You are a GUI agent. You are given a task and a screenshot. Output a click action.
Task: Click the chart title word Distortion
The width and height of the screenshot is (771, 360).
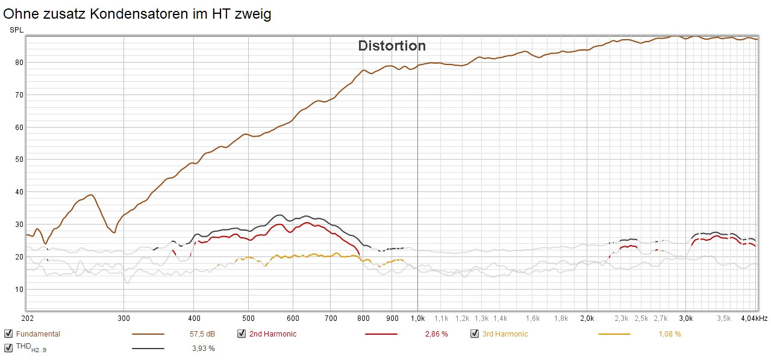pos(392,46)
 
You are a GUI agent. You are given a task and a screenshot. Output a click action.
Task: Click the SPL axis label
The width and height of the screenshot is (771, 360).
pos(16,30)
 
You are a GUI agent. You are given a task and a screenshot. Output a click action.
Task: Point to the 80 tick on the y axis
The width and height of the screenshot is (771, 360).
pos(19,62)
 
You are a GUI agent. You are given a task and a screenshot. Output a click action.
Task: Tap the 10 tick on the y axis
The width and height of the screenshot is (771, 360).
pos(19,290)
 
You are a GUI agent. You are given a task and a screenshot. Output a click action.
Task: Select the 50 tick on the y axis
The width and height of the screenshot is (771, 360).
pos(19,160)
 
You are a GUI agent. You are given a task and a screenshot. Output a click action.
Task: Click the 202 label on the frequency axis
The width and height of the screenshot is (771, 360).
pos(27,318)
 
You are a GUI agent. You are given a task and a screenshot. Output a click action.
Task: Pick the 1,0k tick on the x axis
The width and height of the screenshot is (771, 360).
pos(417,318)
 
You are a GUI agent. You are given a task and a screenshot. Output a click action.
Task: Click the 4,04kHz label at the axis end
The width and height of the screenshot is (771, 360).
pos(754,318)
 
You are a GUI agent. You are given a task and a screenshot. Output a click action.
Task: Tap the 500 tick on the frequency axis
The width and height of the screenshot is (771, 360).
pos(248,318)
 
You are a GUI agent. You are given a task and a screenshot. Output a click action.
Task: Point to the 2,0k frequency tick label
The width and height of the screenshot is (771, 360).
pos(587,318)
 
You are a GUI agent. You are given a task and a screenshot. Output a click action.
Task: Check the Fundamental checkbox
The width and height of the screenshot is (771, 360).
pos(8,334)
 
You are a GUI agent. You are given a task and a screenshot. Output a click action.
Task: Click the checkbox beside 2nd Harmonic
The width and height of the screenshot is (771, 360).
pos(242,334)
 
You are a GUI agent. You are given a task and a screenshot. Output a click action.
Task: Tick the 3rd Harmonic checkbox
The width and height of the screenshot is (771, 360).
pos(475,334)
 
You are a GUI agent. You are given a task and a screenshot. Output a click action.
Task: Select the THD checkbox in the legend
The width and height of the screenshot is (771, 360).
pos(8,347)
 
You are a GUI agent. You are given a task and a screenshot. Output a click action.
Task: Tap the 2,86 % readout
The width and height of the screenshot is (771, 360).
pos(436,334)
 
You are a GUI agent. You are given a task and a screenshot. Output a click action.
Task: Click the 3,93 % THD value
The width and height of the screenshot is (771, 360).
pos(203,348)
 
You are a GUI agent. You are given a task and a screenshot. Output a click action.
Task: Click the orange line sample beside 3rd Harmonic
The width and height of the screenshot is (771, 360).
pos(614,334)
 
